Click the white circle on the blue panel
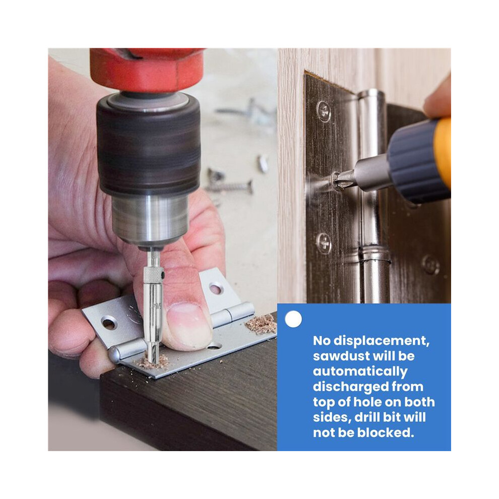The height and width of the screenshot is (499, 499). pyautogui.click(x=293, y=319)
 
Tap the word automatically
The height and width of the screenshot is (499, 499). pyautogui.click(x=360, y=371)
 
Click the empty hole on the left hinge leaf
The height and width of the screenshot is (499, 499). pyautogui.click(x=109, y=324)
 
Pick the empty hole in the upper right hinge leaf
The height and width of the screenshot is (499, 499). pyautogui.click(x=216, y=289)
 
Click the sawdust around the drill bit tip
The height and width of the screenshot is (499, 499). pyautogui.click(x=153, y=362)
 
